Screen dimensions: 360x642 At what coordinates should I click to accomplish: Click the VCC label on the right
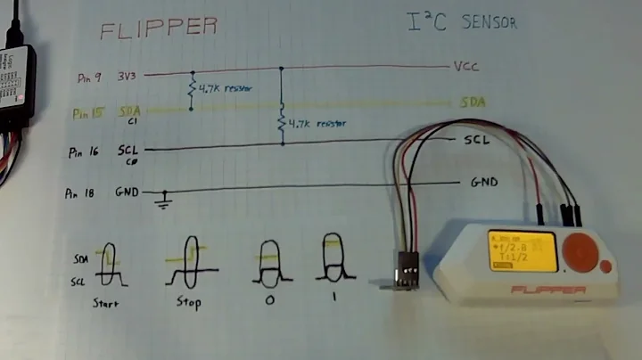467,67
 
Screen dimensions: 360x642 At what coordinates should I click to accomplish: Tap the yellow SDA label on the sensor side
472,102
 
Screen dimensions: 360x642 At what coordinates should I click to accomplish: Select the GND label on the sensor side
483,183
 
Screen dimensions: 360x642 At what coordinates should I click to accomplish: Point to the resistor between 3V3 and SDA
190,88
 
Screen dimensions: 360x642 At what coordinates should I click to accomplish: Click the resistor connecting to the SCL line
282,122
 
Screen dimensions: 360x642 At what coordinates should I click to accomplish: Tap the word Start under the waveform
107,302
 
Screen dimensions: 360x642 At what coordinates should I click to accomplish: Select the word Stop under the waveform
189,301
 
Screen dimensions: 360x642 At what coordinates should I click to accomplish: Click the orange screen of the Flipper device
522,251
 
